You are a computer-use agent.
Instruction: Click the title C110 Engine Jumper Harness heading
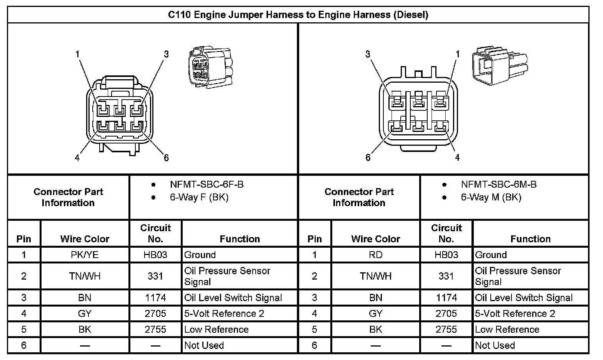[x=298, y=15]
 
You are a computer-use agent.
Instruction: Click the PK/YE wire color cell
[x=85, y=255]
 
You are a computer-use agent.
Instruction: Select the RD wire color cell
[x=375, y=255]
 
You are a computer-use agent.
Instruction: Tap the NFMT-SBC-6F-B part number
[x=207, y=185]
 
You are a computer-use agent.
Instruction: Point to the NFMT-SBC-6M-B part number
[x=498, y=185]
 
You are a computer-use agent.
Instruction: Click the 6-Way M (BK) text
[x=491, y=198]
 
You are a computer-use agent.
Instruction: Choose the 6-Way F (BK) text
[x=199, y=198]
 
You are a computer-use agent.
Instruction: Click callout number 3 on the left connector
[x=166, y=54]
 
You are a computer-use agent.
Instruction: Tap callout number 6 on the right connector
[x=368, y=158]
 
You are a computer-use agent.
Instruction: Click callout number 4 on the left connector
[x=77, y=158]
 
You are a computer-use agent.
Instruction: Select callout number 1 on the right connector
[x=457, y=54]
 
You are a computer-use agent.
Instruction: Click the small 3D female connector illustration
[x=210, y=68]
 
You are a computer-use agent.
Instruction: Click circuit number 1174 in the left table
[x=155, y=298]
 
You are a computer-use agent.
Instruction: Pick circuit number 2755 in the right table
[x=446, y=330]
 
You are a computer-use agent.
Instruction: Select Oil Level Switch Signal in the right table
[x=524, y=298]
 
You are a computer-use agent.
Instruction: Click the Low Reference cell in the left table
[x=217, y=330]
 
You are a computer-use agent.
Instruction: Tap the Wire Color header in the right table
[x=375, y=239]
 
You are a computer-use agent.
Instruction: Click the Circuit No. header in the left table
[x=155, y=233]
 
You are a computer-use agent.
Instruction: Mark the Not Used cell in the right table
[x=495, y=345]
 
